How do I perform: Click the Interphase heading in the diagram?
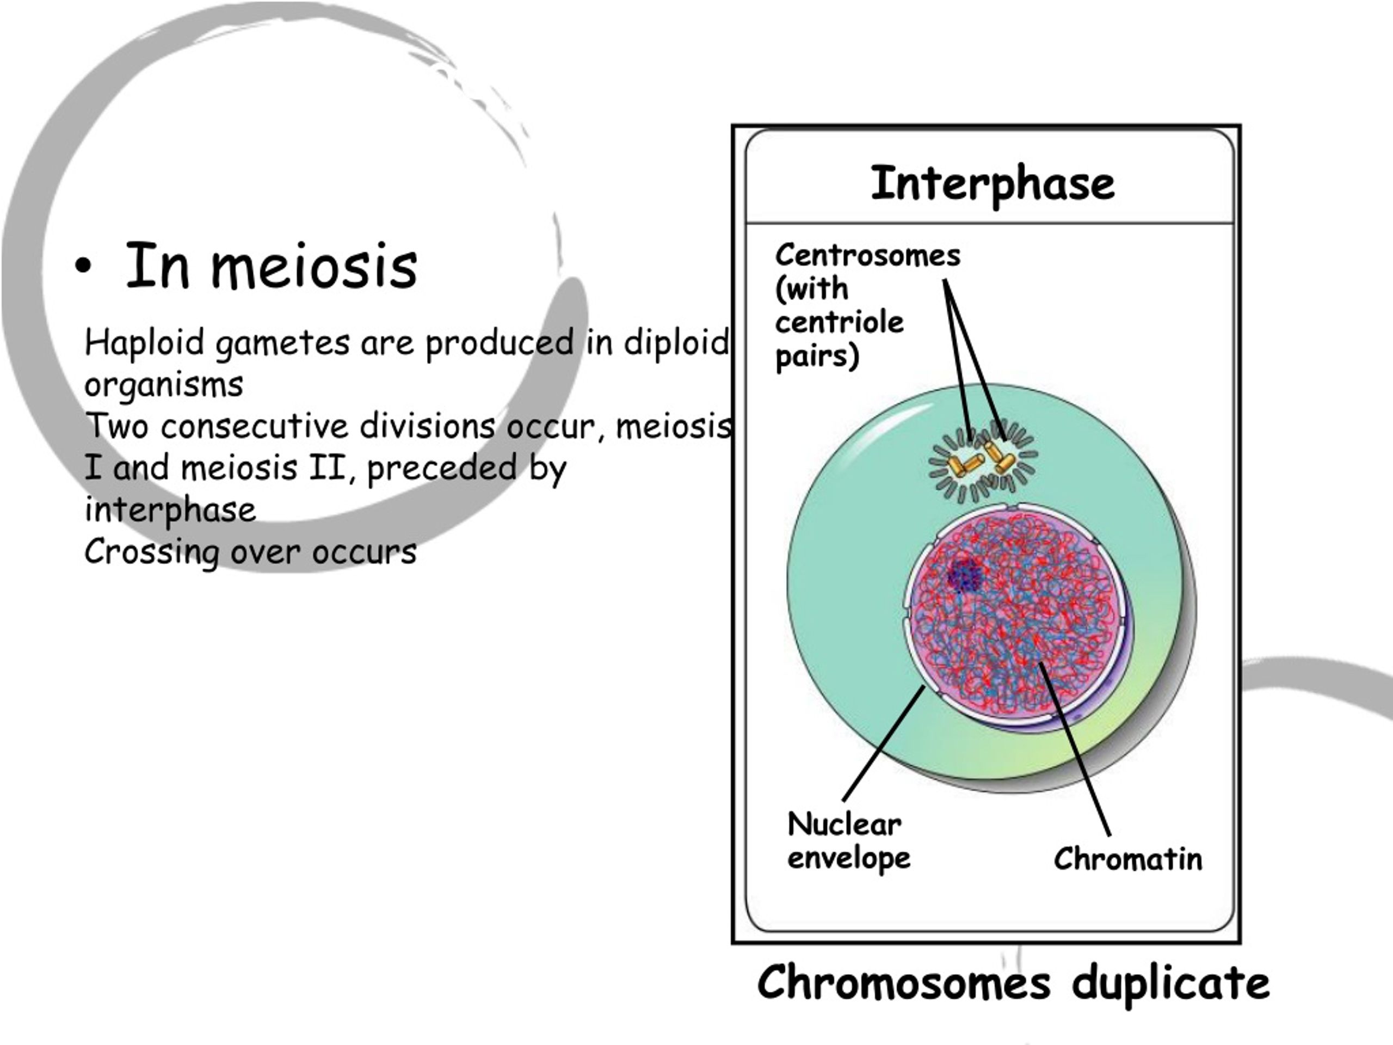pyautogui.click(x=993, y=185)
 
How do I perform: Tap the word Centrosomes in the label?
pyautogui.click(x=868, y=256)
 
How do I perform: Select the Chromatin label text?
pyautogui.click(x=1128, y=859)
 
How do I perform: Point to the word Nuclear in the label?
pyautogui.click(x=845, y=824)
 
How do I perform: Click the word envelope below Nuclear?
pyautogui.click(x=849, y=858)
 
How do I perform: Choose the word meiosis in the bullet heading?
pyautogui.click(x=313, y=267)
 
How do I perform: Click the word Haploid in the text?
pyautogui.click(x=144, y=343)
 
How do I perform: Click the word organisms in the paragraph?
pyautogui.click(x=164, y=385)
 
